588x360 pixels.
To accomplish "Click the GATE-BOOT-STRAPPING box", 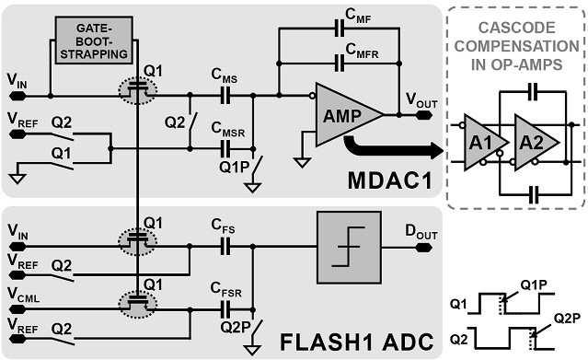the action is [x=94, y=41].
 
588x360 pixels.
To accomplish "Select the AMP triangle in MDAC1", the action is [x=347, y=114].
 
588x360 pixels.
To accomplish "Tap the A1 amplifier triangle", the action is [x=484, y=143].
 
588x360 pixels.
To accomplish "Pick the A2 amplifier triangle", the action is [x=536, y=143].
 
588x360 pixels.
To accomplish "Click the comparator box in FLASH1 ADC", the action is [x=349, y=248].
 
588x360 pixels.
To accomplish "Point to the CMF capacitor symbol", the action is [x=340, y=29].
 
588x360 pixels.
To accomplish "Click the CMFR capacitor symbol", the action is [x=340, y=63].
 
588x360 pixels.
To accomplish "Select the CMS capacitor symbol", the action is [x=225, y=96].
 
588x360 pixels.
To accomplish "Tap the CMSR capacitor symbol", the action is [x=225, y=148].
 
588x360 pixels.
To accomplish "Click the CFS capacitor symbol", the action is [x=225, y=246].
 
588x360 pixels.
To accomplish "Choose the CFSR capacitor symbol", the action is [x=225, y=309].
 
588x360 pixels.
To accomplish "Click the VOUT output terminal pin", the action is [x=423, y=115].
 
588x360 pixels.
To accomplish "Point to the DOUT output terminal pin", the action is [x=423, y=248].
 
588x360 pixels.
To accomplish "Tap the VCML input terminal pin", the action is [x=17, y=309].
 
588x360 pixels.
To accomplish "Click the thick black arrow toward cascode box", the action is [x=394, y=148].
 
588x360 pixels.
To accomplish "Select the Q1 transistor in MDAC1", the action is [x=138, y=90].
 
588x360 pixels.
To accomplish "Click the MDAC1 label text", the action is [x=390, y=180].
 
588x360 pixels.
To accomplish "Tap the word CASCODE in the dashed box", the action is [x=516, y=28].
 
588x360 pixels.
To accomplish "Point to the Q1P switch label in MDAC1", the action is [x=235, y=168].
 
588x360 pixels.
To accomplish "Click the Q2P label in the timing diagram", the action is [x=567, y=319].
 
